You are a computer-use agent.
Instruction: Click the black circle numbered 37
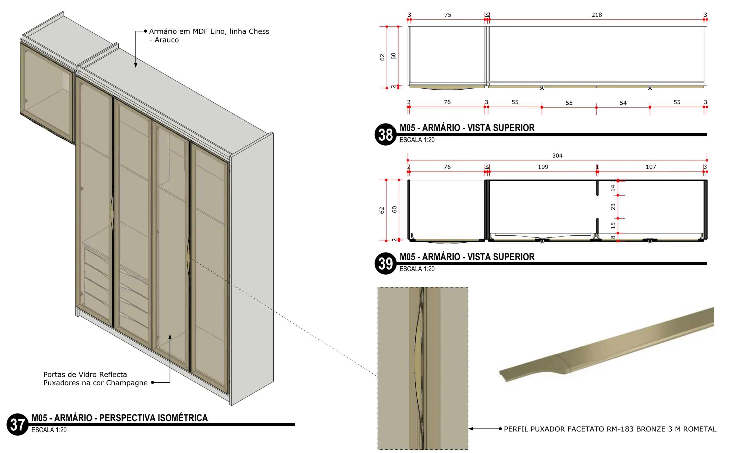tap(17, 424)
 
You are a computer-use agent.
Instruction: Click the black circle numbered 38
tap(385, 134)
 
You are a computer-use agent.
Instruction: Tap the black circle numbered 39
tap(385, 264)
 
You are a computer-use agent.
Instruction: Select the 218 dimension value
tap(596, 15)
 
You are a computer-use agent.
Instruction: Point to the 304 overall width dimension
tap(557, 156)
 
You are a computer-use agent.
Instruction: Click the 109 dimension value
tap(543, 167)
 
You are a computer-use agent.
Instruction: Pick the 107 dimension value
tap(651, 167)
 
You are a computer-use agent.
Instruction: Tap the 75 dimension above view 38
tap(448, 15)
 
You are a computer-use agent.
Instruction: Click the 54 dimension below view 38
tap(623, 103)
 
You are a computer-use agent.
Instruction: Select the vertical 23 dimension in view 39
tap(613, 207)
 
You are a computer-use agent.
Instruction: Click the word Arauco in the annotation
tap(167, 40)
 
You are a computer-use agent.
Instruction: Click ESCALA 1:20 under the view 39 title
tap(417, 269)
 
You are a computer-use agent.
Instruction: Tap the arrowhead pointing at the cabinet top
tap(136, 65)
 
